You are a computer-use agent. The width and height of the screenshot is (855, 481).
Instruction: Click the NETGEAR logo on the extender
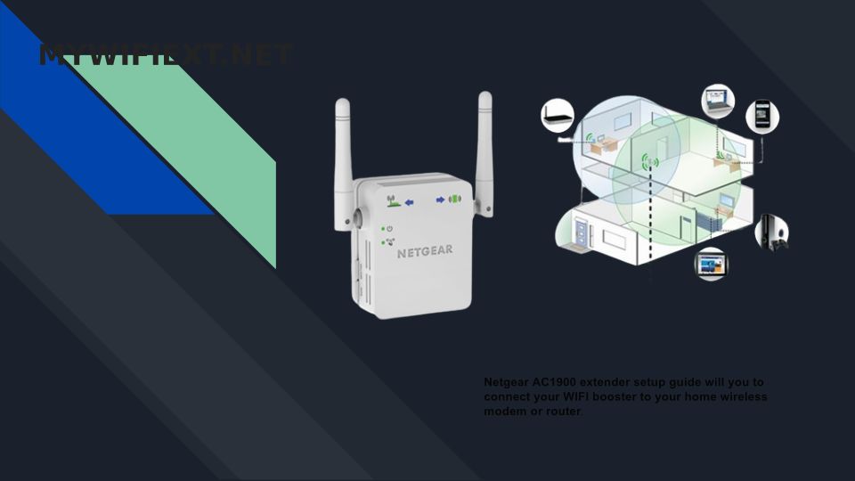[x=425, y=250]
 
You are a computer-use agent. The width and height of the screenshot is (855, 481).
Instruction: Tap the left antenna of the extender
[x=342, y=160]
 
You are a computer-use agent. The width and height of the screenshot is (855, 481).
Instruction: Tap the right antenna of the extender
[x=484, y=151]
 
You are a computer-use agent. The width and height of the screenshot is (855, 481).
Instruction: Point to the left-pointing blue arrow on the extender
[x=410, y=202]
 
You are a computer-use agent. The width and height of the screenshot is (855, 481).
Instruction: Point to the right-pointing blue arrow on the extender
[x=440, y=200]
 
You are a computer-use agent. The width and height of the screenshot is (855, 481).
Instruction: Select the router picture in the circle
[x=557, y=113]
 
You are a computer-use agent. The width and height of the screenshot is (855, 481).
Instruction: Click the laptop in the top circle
[x=718, y=101]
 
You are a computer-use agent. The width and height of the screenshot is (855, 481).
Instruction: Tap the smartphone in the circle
[x=761, y=116]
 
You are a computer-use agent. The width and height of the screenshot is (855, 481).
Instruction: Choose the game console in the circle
[x=771, y=232]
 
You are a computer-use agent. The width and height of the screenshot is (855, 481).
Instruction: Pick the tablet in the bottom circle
[x=711, y=264]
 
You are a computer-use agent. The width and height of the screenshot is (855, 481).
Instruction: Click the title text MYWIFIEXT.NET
[x=166, y=55]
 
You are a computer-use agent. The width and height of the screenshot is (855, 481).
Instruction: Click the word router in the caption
[x=564, y=412]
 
